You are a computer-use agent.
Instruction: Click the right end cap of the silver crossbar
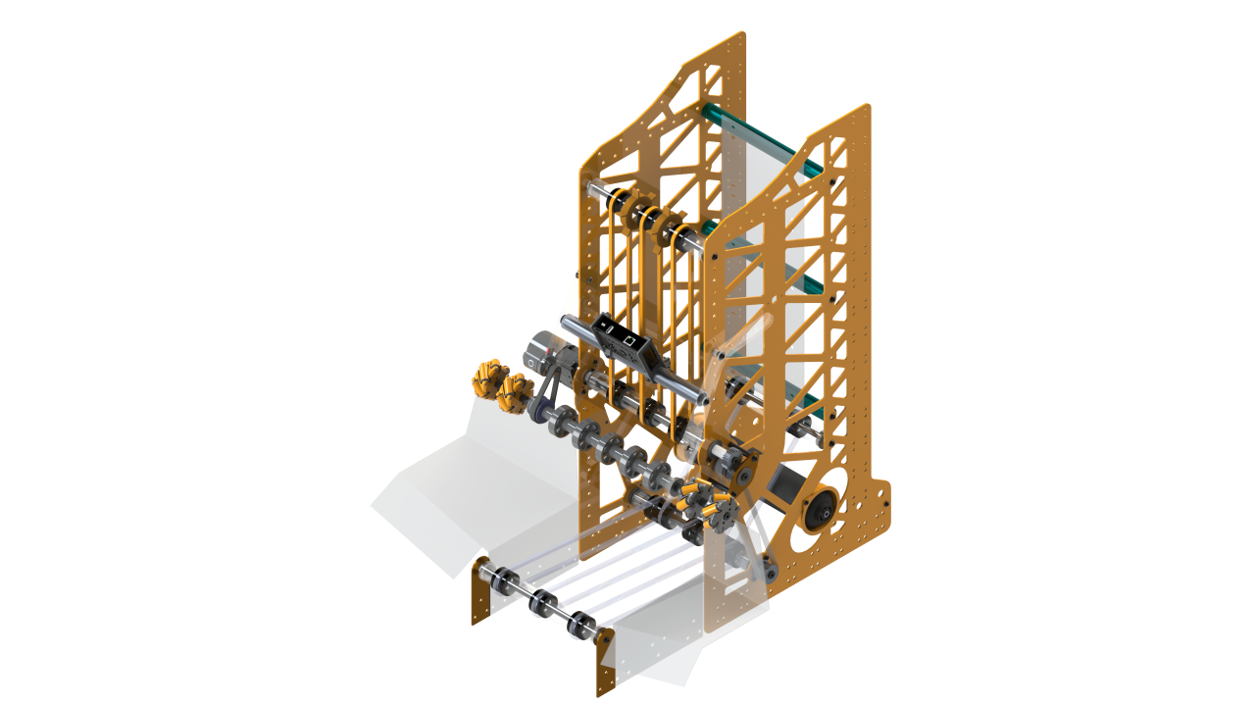(x=702, y=397)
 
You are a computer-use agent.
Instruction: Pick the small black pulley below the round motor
(x=772, y=570)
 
